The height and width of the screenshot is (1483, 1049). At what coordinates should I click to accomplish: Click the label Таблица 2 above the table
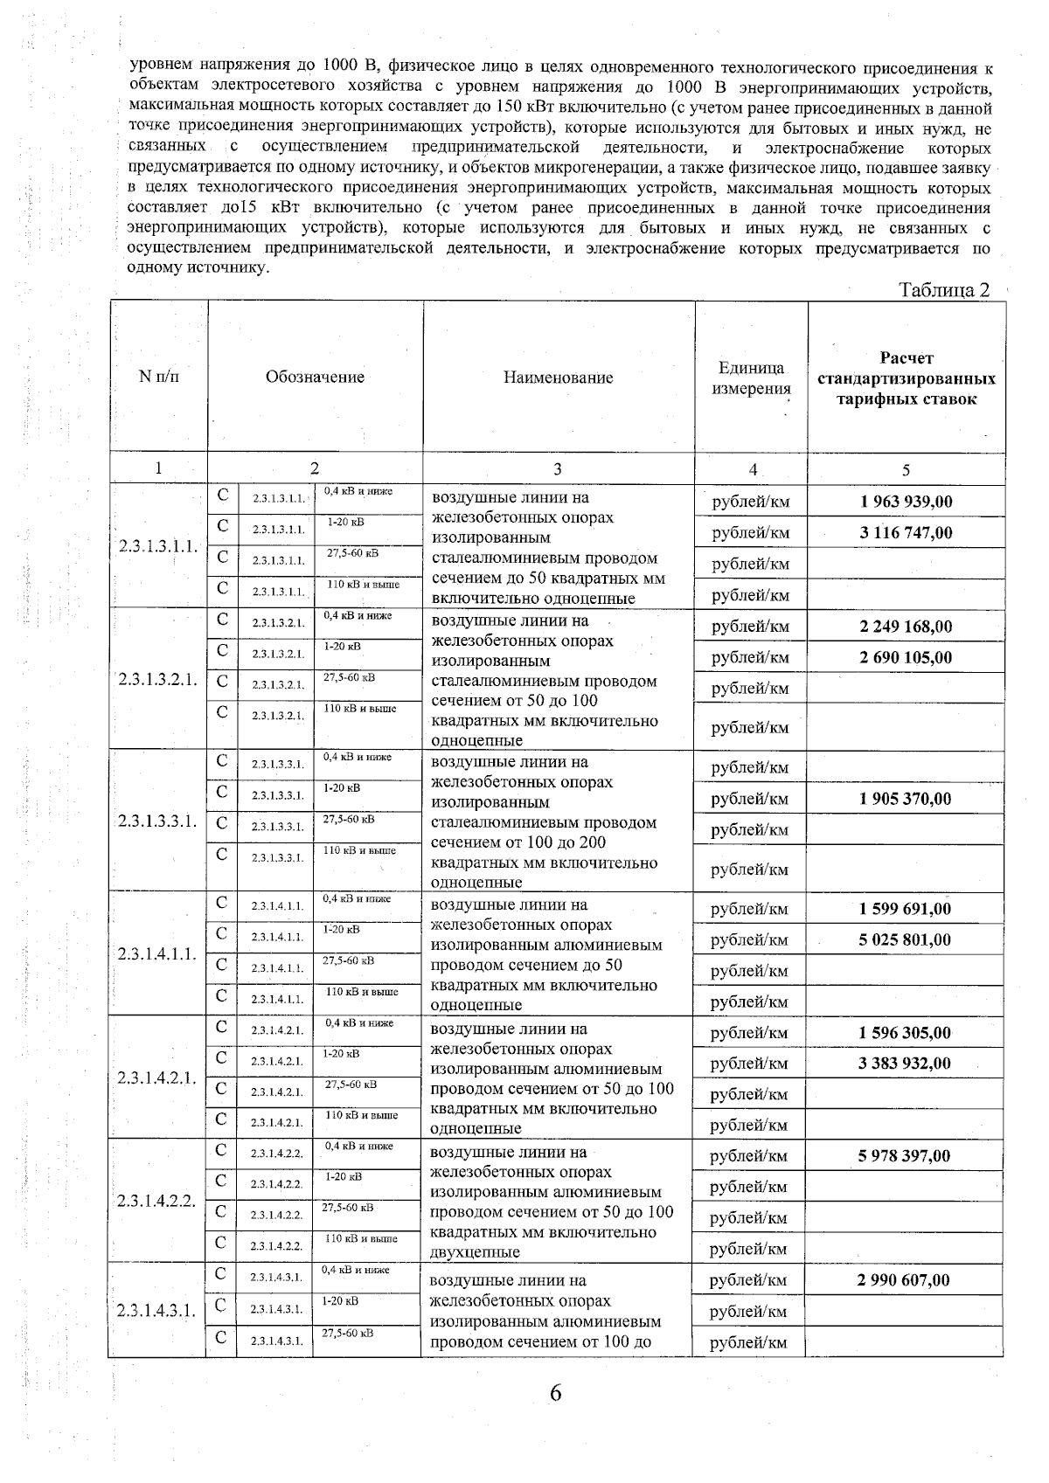pyautogui.click(x=944, y=290)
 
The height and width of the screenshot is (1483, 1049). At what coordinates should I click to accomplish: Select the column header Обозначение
pyautogui.click(x=315, y=378)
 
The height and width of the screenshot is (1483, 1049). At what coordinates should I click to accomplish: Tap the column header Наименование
pyautogui.click(x=558, y=378)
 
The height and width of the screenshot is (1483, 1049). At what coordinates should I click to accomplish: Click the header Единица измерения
pyautogui.click(x=751, y=378)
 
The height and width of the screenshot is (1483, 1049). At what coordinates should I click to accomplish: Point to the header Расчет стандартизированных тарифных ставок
pyautogui.click(x=906, y=378)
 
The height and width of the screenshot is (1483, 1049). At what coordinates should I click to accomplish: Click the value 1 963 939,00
pyautogui.click(x=906, y=502)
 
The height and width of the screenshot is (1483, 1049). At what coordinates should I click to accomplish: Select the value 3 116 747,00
pyautogui.click(x=906, y=533)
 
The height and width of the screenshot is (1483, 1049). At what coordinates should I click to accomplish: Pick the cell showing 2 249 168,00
pyautogui.click(x=906, y=627)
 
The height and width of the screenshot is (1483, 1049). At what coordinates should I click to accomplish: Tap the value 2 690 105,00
pyautogui.click(x=906, y=657)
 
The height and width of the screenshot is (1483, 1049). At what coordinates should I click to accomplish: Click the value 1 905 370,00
pyautogui.click(x=906, y=799)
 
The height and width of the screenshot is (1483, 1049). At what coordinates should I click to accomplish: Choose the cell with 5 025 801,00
pyautogui.click(x=906, y=940)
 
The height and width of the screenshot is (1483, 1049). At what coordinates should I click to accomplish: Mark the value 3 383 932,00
pyautogui.click(x=906, y=1064)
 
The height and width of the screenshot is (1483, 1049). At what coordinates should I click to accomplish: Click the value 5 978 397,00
pyautogui.click(x=906, y=1156)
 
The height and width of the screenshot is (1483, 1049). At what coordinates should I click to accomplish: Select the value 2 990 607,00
pyautogui.click(x=906, y=1280)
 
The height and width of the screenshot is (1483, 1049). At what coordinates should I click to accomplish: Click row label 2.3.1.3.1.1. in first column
pyautogui.click(x=157, y=547)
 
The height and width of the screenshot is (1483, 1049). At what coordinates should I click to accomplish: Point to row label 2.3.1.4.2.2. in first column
pyautogui.click(x=157, y=1201)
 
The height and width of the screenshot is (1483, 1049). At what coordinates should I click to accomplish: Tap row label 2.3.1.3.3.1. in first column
pyautogui.click(x=157, y=821)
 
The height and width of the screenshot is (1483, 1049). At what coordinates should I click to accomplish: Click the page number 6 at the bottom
pyautogui.click(x=555, y=1393)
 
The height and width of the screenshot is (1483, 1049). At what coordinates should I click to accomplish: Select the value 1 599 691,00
pyautogui.click(x=906, y=909)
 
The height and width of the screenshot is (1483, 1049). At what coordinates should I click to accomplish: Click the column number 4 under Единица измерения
pyautogui.click(x=752, y=469)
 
